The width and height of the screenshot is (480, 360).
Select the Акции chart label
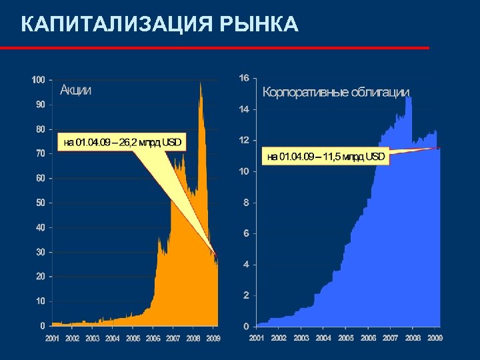click(x=75, y=90)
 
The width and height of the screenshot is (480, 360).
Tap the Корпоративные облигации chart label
click(x=336, y=93)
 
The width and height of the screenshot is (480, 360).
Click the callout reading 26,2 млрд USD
click(x=121, y=142)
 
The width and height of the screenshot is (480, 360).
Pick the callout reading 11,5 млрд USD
click(x=325, y=157)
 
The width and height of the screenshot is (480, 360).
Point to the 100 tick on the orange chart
click(x=38, y=79)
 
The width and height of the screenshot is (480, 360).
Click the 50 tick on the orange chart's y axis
click(x=40, y=203)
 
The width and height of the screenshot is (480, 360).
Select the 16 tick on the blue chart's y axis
click(x=244, y=78)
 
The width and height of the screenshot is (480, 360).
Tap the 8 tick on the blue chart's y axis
click(x=246, y=203)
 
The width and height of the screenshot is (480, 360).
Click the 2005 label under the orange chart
click(x=133, y=338)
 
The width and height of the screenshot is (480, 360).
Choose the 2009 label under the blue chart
click(x=435, y=338)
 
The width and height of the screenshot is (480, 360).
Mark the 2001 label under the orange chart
click(x=52, y=338)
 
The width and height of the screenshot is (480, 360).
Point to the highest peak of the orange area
click(x=200, y=83)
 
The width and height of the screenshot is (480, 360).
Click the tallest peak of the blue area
click(x=408, y=98)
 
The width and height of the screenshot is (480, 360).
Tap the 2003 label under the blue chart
click(x=301, y=338)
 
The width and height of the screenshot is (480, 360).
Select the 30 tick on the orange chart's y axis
click(x=40, y=252)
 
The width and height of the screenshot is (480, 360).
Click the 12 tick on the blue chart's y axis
click(x=244, y=140)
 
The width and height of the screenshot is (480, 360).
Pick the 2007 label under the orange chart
click(x=173, y=338)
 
